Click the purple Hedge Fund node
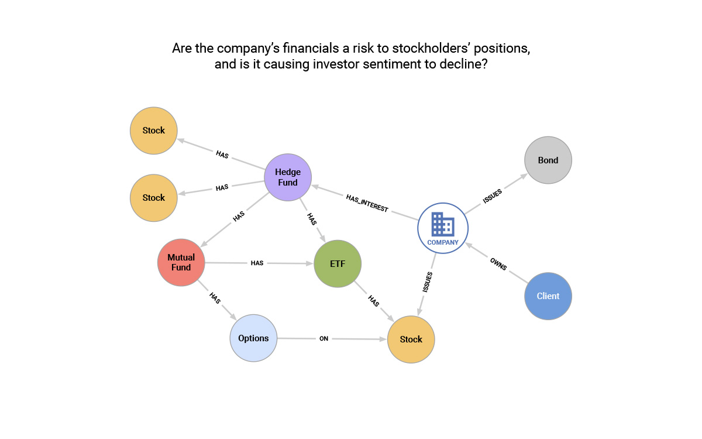288,177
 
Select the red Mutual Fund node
181,262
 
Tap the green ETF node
338,264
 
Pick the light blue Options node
253,338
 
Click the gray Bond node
548,160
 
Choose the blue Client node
548,296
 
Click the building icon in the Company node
443,224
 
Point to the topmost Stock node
154,131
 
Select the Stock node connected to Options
411,339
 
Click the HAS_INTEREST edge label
367,204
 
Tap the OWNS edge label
498,263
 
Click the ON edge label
324,338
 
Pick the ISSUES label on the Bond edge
492,196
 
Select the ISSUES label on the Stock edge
428,282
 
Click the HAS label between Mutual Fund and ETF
257,263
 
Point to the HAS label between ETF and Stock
373,301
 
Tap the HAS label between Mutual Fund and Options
215,298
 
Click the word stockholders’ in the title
385,49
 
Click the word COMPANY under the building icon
443,242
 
